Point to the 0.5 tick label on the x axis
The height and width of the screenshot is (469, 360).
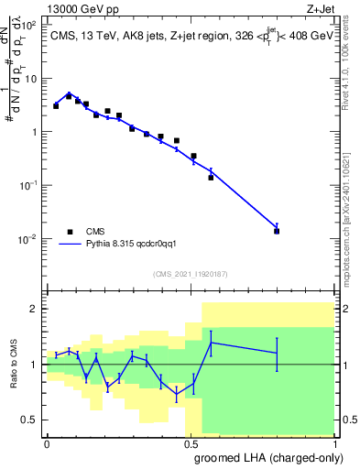191,443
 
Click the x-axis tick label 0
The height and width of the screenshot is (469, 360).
47,443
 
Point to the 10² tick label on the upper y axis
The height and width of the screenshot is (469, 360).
30,25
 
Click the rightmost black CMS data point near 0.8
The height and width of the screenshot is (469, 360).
277,231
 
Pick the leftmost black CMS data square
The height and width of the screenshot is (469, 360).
56,106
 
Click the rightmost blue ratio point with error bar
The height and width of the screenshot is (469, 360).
277,353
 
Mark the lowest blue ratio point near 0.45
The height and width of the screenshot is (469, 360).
177,394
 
